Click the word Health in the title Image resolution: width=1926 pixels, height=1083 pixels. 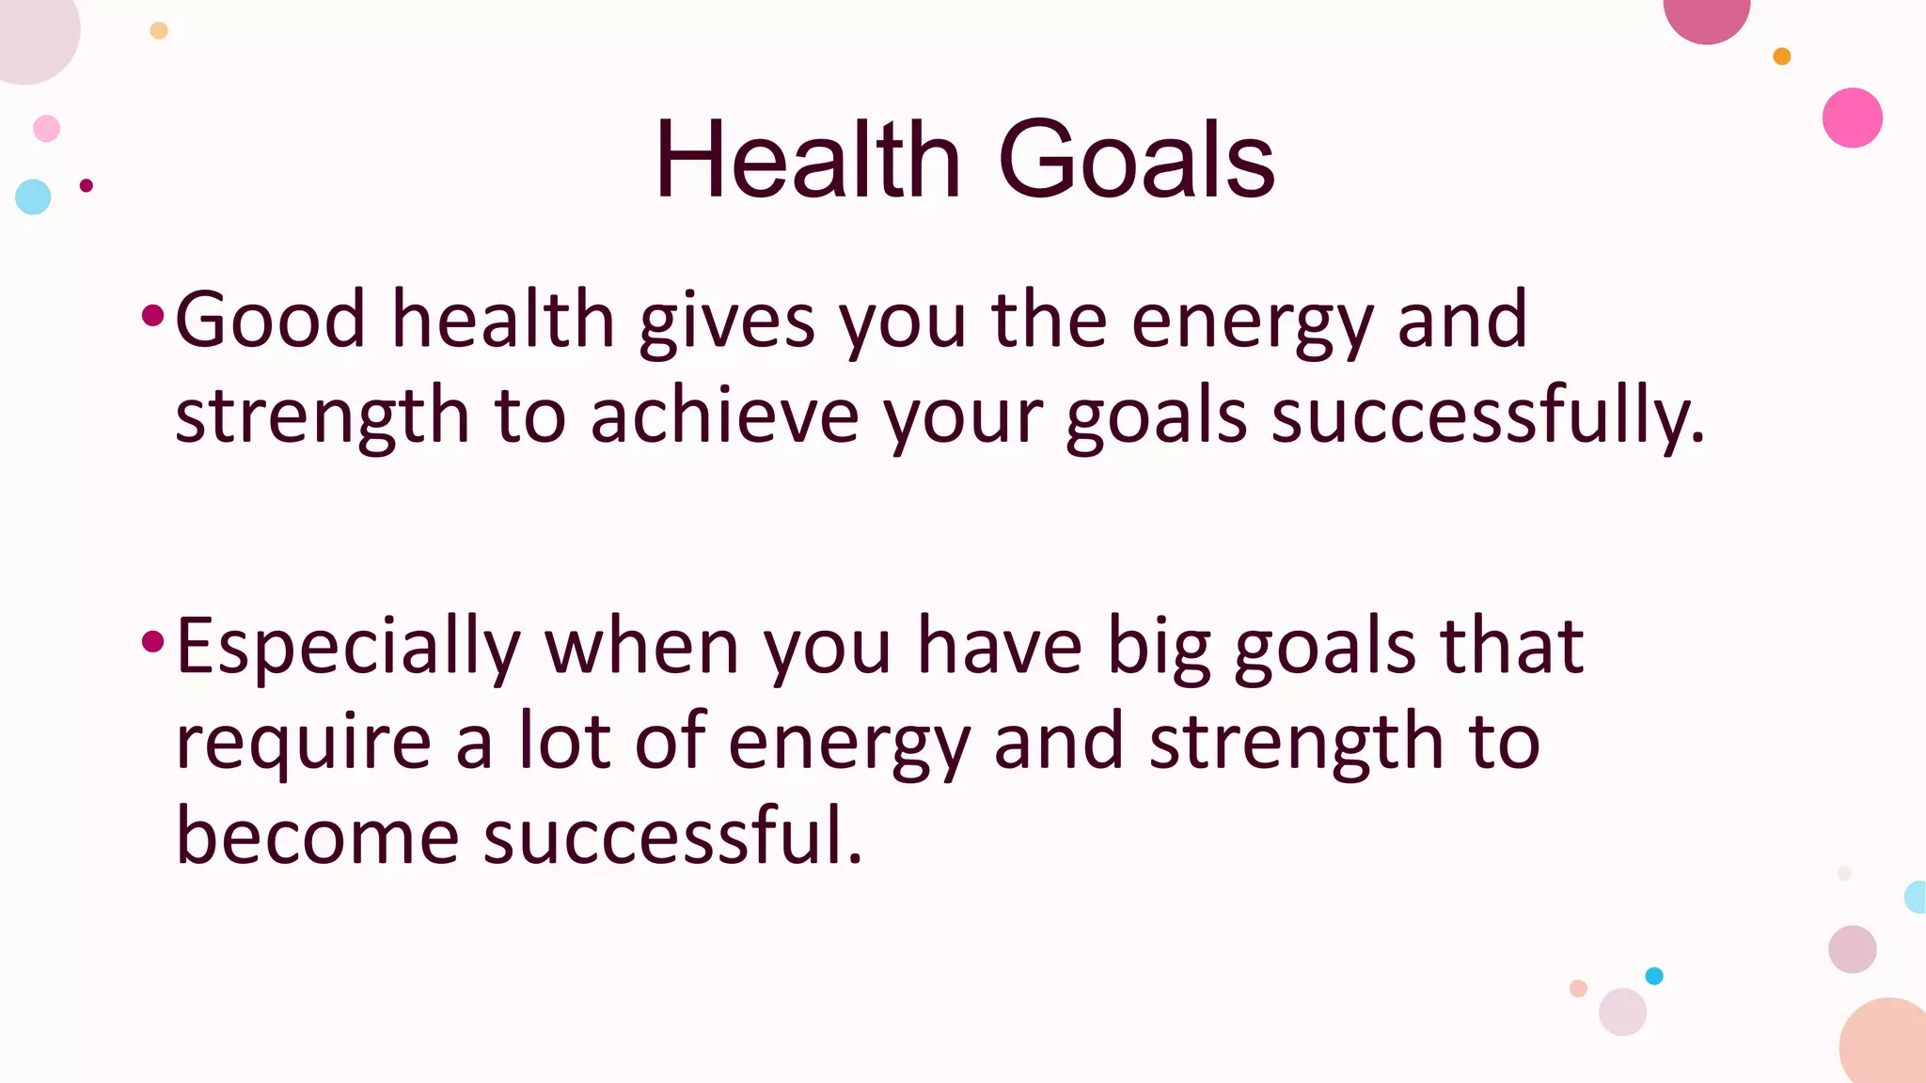coord(807,160)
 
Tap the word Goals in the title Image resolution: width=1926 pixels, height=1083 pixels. coord(1135,160)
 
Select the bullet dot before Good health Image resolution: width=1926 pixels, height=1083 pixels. coord(152,315)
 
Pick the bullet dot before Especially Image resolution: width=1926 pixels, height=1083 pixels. coord(152,642)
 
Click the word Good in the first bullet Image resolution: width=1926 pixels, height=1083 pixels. coord(270,320)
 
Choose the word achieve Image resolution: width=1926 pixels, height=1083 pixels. coord(724,416)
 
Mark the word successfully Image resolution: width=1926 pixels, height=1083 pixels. coord(1487,416)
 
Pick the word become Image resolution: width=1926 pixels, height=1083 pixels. coord(317,836)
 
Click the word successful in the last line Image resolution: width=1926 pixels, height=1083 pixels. coord(672,836)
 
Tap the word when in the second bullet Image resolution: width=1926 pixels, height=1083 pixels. coord(642,647)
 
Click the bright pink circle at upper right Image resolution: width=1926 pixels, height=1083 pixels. coord(1852,118)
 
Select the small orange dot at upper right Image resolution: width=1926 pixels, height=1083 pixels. coord(1781,56)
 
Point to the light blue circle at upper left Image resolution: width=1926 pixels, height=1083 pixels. coord(33,196)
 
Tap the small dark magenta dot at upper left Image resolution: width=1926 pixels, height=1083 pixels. coord(87,185)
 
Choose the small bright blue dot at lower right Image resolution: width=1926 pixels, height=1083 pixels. coord(1654,976)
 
